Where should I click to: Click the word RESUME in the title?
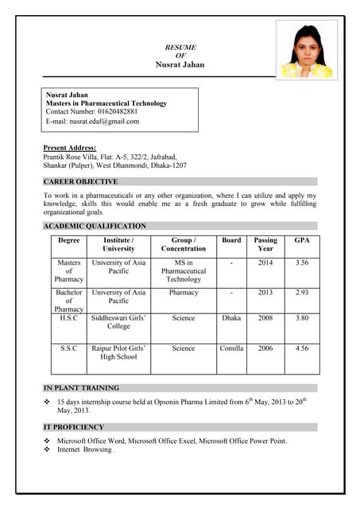click(180, 47)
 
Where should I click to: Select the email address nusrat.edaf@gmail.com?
click(104, 122)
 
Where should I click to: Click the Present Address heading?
click(70, 148)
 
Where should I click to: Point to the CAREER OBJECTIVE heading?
click(81, 182)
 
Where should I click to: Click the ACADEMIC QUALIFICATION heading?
click(95, 227)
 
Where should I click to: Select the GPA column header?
click(302, 240)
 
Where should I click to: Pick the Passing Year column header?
click(265, 244)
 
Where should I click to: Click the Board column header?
click(231, 240)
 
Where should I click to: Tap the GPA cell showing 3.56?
click(302, 262)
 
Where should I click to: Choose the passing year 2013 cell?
click(265, 293)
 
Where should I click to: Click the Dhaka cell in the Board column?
click(231, 317)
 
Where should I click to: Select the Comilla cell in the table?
click(231, 348)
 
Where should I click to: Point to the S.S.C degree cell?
click(68, 348)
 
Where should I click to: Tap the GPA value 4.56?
click(302, 348)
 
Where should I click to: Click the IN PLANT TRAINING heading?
click(81, 388)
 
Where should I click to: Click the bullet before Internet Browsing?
click(48, 450)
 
